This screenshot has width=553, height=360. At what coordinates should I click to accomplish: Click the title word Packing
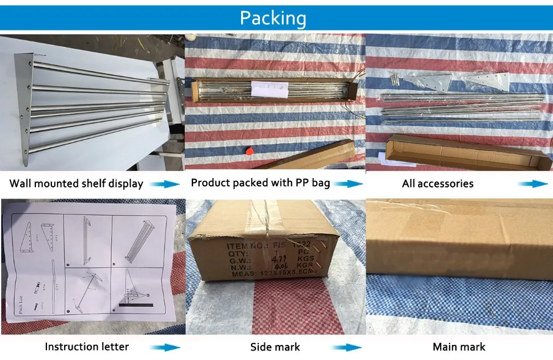[273, 18]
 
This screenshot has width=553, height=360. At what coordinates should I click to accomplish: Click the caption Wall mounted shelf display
[76, 184]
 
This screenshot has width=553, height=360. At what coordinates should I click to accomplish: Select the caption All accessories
[437, 184]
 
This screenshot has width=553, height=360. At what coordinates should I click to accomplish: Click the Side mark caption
[275, 347]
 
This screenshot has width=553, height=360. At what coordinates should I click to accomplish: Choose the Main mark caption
[459, 347]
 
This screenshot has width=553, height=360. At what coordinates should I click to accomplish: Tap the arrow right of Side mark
[347, 347]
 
